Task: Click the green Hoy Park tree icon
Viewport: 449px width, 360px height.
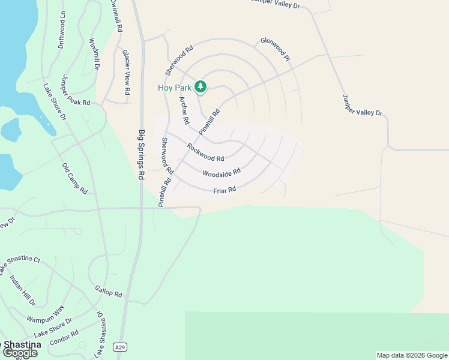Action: [x=200, y=88]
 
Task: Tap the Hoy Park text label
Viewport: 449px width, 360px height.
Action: [x=175, y=88]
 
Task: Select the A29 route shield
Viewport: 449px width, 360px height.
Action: [x=121, y=347]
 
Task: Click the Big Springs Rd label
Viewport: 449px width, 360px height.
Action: [x=142, y=155]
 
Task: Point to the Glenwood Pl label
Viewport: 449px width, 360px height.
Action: [x=275, y=50]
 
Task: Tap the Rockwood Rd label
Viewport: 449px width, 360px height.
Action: [x=205, y=152]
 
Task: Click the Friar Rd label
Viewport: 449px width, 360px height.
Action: [x=224, y=190]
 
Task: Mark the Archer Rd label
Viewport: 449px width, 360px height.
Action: [x=184, y=110]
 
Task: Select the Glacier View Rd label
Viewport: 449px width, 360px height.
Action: [x=126, y=73]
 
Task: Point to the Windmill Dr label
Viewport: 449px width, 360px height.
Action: [x=94, y=55]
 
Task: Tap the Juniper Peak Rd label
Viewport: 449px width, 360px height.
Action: [x=76, y=91]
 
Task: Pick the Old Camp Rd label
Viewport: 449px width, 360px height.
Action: [x=75, y=178]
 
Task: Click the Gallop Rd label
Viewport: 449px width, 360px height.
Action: [x=109, y=292]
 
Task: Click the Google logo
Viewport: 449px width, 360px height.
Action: [x=20, y=353]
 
